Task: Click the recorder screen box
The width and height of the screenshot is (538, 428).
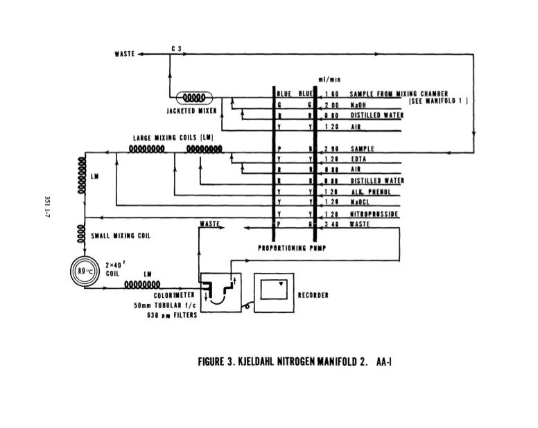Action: [x=277, y=289]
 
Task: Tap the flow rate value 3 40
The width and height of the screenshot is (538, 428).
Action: [x=330, y=224]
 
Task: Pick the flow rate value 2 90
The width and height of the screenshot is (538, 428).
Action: [x=330, y=149]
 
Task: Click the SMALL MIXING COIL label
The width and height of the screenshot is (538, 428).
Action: [x=121, y=235]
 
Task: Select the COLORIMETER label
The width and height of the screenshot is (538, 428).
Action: [x=166, y=295]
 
